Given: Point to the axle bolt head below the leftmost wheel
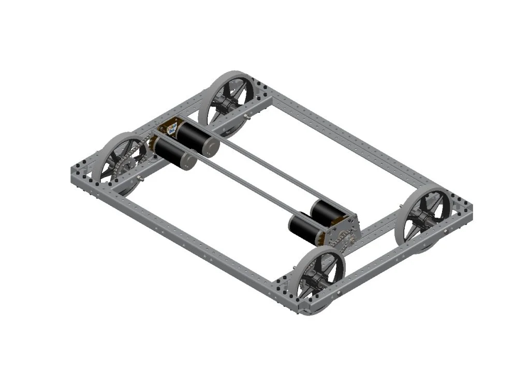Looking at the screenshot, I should pos(140,180).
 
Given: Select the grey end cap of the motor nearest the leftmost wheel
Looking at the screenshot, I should pos(189,161).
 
